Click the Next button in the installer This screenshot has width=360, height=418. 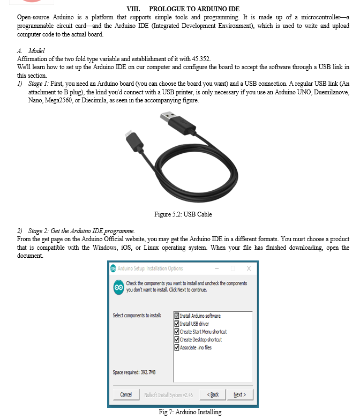pos(239,395)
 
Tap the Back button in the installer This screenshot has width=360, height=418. pos(213,395)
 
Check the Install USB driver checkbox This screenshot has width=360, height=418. pos(177,324)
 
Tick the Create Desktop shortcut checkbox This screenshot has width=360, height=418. pos(177,340)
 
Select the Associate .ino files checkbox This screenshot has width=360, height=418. pos(177,347)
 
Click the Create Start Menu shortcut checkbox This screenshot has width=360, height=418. pos(177,332)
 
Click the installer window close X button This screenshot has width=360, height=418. pos(249,268)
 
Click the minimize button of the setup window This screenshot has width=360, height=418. pos(217,268)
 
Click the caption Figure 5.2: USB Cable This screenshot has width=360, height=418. pos(183,214)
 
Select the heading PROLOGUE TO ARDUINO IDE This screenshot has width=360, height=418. pos(194,9)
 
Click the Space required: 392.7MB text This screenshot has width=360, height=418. pos(134,372)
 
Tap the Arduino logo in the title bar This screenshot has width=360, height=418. pos(113,268)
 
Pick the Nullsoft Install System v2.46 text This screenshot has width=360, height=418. pos(169,395)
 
